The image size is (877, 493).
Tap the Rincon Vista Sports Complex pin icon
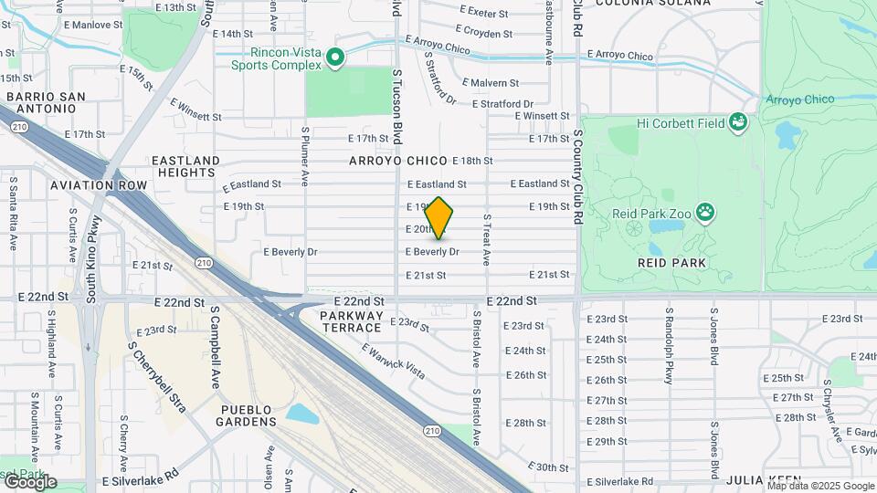[x=335, y=58]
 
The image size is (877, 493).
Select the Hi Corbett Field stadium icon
[x=738, y=122]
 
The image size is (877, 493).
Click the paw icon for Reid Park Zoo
[x=706, y=214]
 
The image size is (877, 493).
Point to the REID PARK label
[x=674, y=262]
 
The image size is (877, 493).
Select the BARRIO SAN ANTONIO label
[x=45, y=103]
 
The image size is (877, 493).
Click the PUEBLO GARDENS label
[x=247, y=415]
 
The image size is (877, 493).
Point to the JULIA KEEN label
[x=764, y=480]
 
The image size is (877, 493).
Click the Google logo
[x=29, y=481]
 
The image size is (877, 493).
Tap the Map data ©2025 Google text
[x=823, y=486]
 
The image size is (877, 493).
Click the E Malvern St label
[x=491, y=83]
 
